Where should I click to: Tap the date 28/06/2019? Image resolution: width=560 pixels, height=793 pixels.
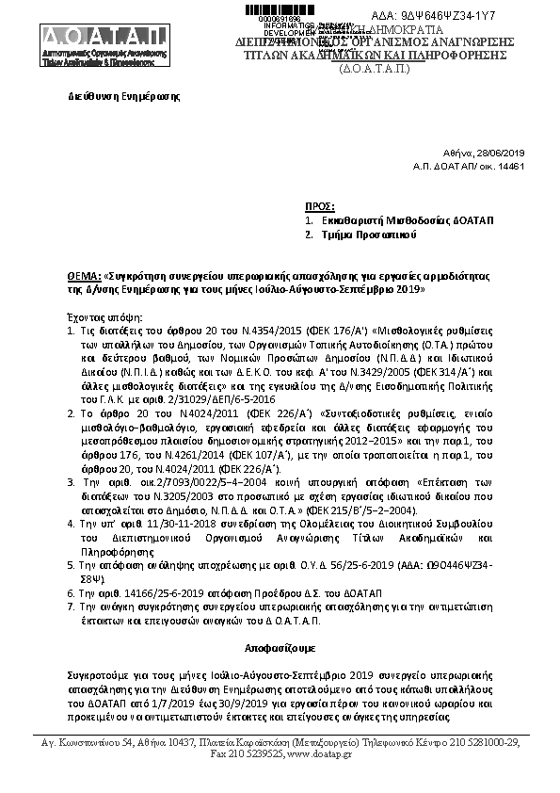click(504, 154)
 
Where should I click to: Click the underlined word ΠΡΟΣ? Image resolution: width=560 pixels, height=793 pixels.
click(320, 205)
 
